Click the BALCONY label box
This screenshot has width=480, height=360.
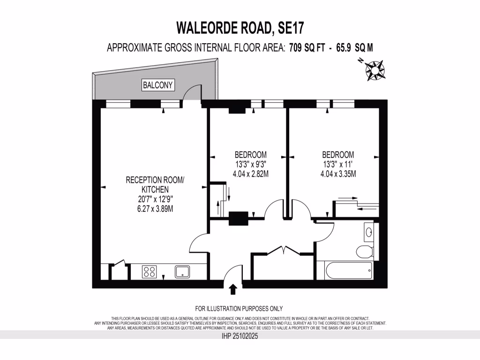point(158,85)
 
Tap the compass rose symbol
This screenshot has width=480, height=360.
point(375,69)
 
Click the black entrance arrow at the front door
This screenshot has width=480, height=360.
point(233,289)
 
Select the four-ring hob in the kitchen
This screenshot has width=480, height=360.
point(150,272)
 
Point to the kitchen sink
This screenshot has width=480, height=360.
point(182,271)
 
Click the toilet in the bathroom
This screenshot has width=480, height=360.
point(365,251)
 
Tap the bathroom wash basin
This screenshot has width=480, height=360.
point(368,232)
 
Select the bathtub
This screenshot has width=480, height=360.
point(345,270)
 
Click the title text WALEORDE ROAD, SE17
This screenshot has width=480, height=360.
point(240,28)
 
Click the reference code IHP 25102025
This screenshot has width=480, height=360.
point(240,336)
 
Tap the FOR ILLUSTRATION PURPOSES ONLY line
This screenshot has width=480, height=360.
point(239,308)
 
